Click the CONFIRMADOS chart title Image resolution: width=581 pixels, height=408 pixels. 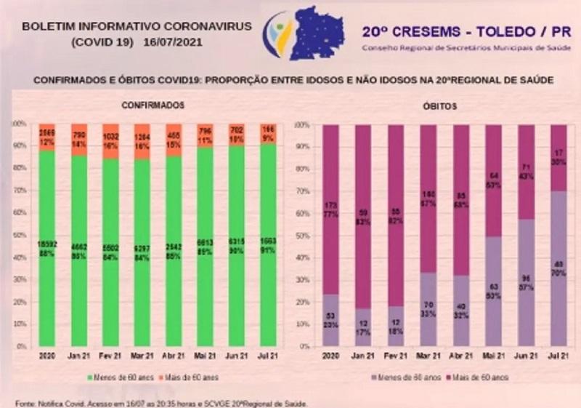click(153, 105)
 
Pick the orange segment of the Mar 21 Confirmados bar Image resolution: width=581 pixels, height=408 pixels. click(142, 141)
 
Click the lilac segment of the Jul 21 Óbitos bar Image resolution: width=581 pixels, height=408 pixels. click(558, 268)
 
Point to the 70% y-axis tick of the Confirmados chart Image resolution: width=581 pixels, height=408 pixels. click(21, 191)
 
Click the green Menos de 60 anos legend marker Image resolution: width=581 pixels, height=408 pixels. click(91, 377)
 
